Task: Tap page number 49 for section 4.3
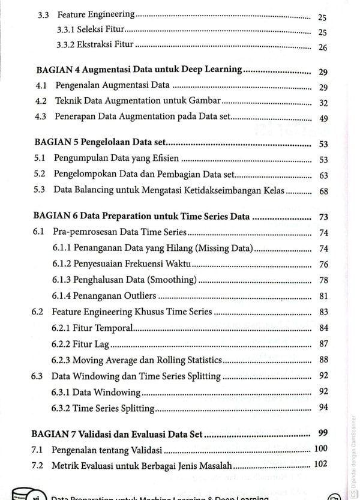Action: coord(323,118)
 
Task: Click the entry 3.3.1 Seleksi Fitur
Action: coord(90,31)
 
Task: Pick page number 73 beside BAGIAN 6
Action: coord(323,216)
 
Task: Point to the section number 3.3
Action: coord(43,16)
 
